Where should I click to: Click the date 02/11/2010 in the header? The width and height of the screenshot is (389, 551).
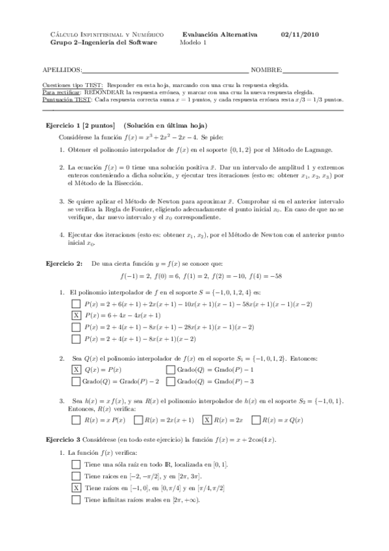click(299, 34)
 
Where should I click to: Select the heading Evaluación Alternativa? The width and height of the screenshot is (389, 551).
click(220, 34)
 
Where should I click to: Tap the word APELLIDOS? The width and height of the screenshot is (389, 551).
click(62, 70)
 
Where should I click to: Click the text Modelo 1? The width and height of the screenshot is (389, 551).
click(194, 43)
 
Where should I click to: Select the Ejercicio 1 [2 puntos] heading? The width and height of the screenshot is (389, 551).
click(79, 125)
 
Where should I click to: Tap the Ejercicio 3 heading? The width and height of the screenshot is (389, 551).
click(62, 440)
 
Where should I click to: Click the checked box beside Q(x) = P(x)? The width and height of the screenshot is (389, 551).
click(76, 369)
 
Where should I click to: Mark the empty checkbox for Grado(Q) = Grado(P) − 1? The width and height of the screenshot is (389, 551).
click(171, 369)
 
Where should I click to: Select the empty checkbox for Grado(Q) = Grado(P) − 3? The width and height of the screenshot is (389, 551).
click(171, 381)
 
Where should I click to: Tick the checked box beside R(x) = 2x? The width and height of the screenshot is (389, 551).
click(207, 419)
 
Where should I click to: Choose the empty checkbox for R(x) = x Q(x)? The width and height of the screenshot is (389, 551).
click(257, 419)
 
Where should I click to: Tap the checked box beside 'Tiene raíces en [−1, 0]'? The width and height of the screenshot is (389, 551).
click(76, 487)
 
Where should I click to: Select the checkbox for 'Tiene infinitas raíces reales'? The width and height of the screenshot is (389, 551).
click(76, 500)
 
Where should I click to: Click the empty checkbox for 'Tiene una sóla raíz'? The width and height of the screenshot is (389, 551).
click(76, 464)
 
